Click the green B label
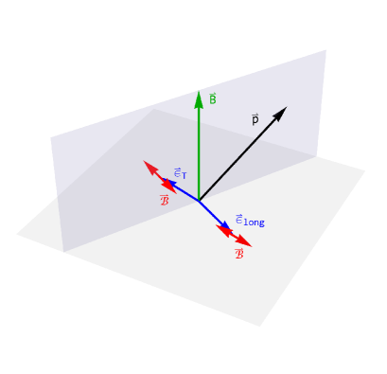(213, 98)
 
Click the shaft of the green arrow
(199, 151)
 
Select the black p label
(255, 120)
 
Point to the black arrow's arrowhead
(281, 112)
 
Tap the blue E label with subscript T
(180, 173)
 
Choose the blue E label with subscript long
(249, 221)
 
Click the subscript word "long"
(255, 223)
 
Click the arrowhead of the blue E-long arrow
(225, 225)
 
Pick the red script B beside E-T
(165, 200)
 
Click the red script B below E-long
(239, 253)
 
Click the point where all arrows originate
(199, 201)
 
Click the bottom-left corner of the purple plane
(63, 252)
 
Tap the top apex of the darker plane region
(154, 109)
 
